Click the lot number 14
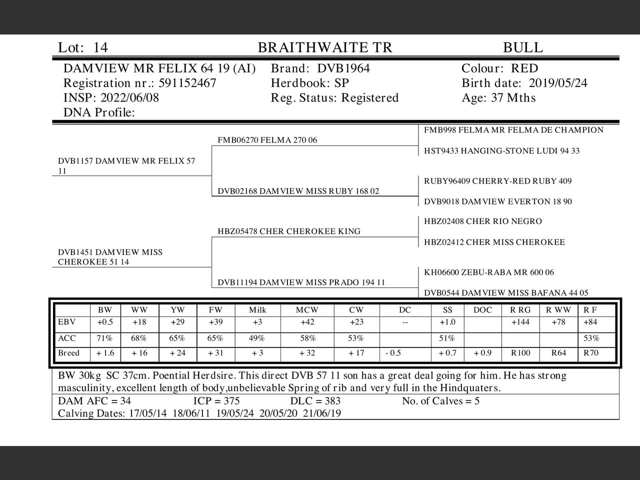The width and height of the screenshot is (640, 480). [100, 47]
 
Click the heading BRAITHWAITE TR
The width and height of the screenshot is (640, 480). [325, 47]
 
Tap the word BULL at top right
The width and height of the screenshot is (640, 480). [522, 47]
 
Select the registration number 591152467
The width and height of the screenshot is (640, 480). [187, 83]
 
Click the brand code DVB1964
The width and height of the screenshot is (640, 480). [343, 68]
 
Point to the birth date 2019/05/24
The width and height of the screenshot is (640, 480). [558, 83]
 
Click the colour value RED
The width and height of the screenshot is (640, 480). [524, 68]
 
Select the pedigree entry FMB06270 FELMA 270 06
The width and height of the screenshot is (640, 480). [267, 140]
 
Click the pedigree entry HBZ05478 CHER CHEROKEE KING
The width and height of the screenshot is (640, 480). [289, 231]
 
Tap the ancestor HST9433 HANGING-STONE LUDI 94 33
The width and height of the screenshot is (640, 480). [501, 150]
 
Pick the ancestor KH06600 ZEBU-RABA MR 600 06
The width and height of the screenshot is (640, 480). [488, 272]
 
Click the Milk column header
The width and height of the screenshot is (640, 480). [257, 310]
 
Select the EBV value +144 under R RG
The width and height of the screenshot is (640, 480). [520, 322]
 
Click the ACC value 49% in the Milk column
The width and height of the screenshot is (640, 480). [256, 338]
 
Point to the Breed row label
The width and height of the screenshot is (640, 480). [68, 353]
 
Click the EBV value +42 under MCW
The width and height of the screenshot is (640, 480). [307, 322]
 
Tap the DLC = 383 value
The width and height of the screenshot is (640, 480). [315, 401]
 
